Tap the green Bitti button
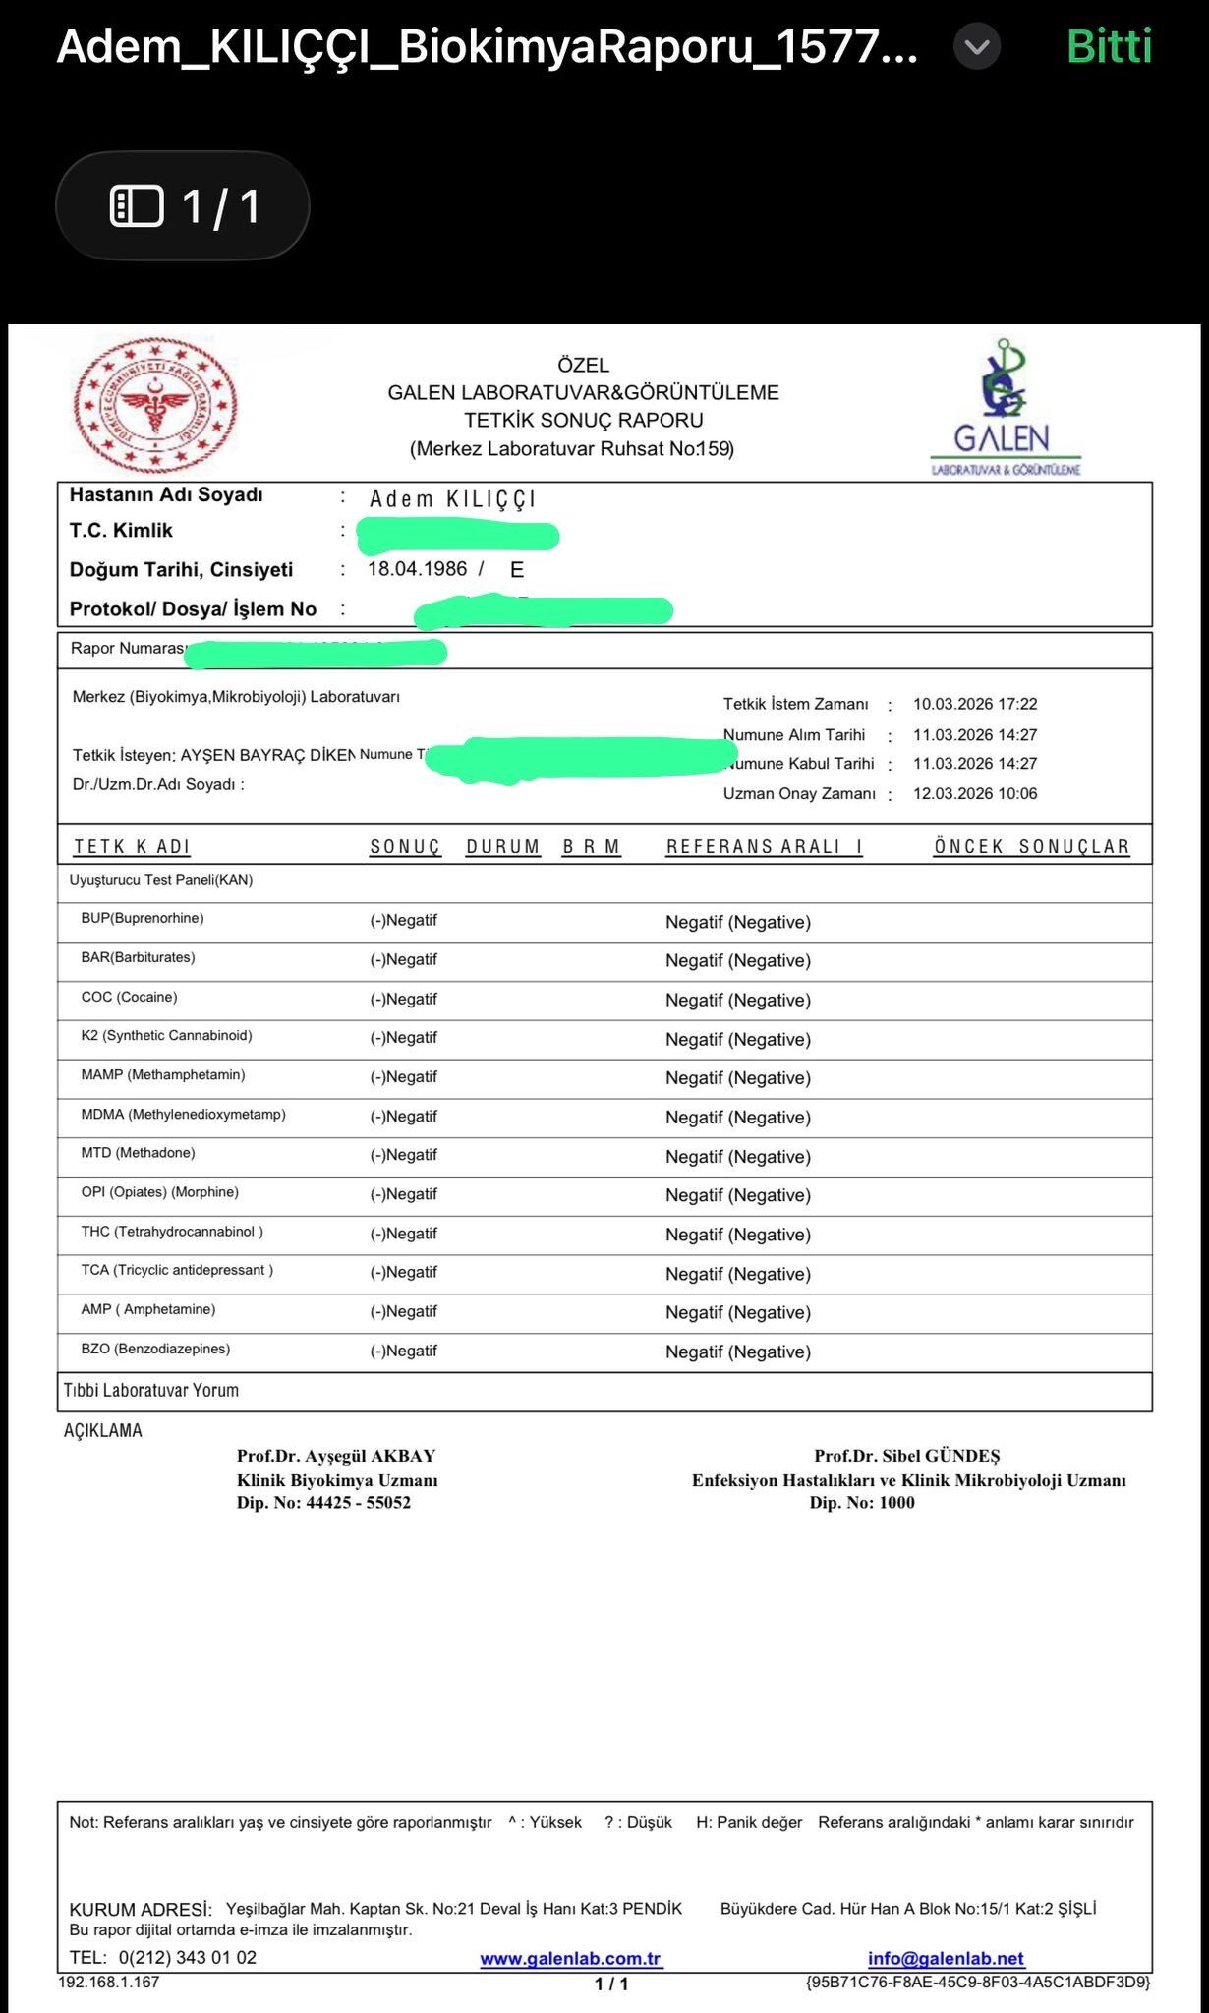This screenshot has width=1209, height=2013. pos(1109,46)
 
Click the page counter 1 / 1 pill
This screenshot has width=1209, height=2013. pos(183,206)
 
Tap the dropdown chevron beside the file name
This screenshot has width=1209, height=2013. pos(976,46)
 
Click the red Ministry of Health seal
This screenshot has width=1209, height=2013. pos(155,405)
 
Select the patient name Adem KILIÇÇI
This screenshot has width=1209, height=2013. pos(452,499)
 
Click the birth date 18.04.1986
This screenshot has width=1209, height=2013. pos(417,569)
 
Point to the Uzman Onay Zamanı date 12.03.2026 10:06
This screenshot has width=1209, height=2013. pos(974,793)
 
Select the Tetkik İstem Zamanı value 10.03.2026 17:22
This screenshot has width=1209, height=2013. pos(974,704)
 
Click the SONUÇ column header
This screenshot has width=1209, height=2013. pos(405,847)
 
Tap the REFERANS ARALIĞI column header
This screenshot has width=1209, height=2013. pos(764,847)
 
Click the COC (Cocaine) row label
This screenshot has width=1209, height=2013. pos(129,997)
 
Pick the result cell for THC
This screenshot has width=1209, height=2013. pos(403,1234)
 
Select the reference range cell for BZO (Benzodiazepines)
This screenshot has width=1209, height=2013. pos(737,1352)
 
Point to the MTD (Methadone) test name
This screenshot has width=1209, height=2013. pos(138,1153)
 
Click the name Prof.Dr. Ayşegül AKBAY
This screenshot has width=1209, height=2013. pos(335,1456)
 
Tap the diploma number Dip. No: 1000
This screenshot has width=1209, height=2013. pos(861,1502)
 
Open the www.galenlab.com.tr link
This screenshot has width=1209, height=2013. pos(570,1959)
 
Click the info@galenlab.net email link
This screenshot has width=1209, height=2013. pos(945,1959)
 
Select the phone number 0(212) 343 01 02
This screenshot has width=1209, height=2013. pos(187,1957)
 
